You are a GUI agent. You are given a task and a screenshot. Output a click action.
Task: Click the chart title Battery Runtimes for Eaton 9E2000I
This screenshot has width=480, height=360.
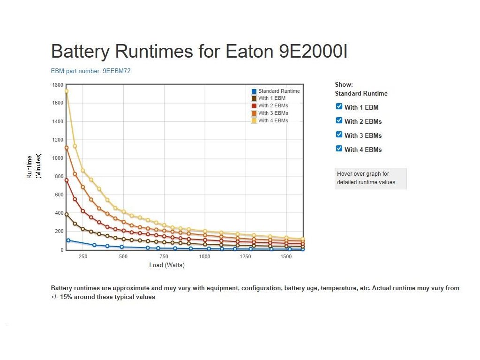[x=199, y=51]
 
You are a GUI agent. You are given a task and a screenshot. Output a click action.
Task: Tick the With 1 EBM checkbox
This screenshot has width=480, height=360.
[x=339, y=106]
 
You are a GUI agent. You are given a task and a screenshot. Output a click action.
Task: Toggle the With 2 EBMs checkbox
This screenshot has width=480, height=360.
[x=339, y=120]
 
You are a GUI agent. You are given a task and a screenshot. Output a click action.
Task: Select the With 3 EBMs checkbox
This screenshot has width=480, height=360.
[x=339, y=135]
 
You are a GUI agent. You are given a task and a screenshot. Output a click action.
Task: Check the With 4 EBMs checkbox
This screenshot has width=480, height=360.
[x=339, y=149]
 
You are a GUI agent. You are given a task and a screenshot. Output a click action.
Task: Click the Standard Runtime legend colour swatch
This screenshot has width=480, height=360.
[x=254, y=91]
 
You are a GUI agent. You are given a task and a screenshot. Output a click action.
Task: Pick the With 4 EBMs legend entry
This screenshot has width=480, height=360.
[x=273, y=120]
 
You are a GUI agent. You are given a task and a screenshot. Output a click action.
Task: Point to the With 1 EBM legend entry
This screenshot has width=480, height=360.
[x=271, y=98]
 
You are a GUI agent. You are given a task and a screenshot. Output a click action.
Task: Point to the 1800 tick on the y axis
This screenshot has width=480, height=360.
[x=58, y=85]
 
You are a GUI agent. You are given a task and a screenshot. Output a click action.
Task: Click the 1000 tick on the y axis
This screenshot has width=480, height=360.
[x=58, y=158]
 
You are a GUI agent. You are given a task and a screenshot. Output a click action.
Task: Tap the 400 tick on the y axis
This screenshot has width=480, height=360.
[x=59, y=213]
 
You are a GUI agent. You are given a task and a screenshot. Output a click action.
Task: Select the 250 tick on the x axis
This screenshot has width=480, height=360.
[x=83, y=257]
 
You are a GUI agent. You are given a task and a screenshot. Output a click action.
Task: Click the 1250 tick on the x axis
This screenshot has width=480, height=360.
[x=245, y=257]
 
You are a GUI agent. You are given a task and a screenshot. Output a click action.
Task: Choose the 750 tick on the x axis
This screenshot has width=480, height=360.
[x=164, y=257]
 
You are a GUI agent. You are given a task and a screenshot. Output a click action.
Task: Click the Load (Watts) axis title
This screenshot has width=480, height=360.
[x=167, y=265]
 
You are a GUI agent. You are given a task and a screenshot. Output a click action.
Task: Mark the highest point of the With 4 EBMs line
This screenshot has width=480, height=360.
[x=67, y=91]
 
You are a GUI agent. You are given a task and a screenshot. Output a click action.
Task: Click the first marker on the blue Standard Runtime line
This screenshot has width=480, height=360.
[x=68, y=240]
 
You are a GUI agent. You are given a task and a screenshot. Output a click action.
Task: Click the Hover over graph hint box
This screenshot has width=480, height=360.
[x=370, y=179]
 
